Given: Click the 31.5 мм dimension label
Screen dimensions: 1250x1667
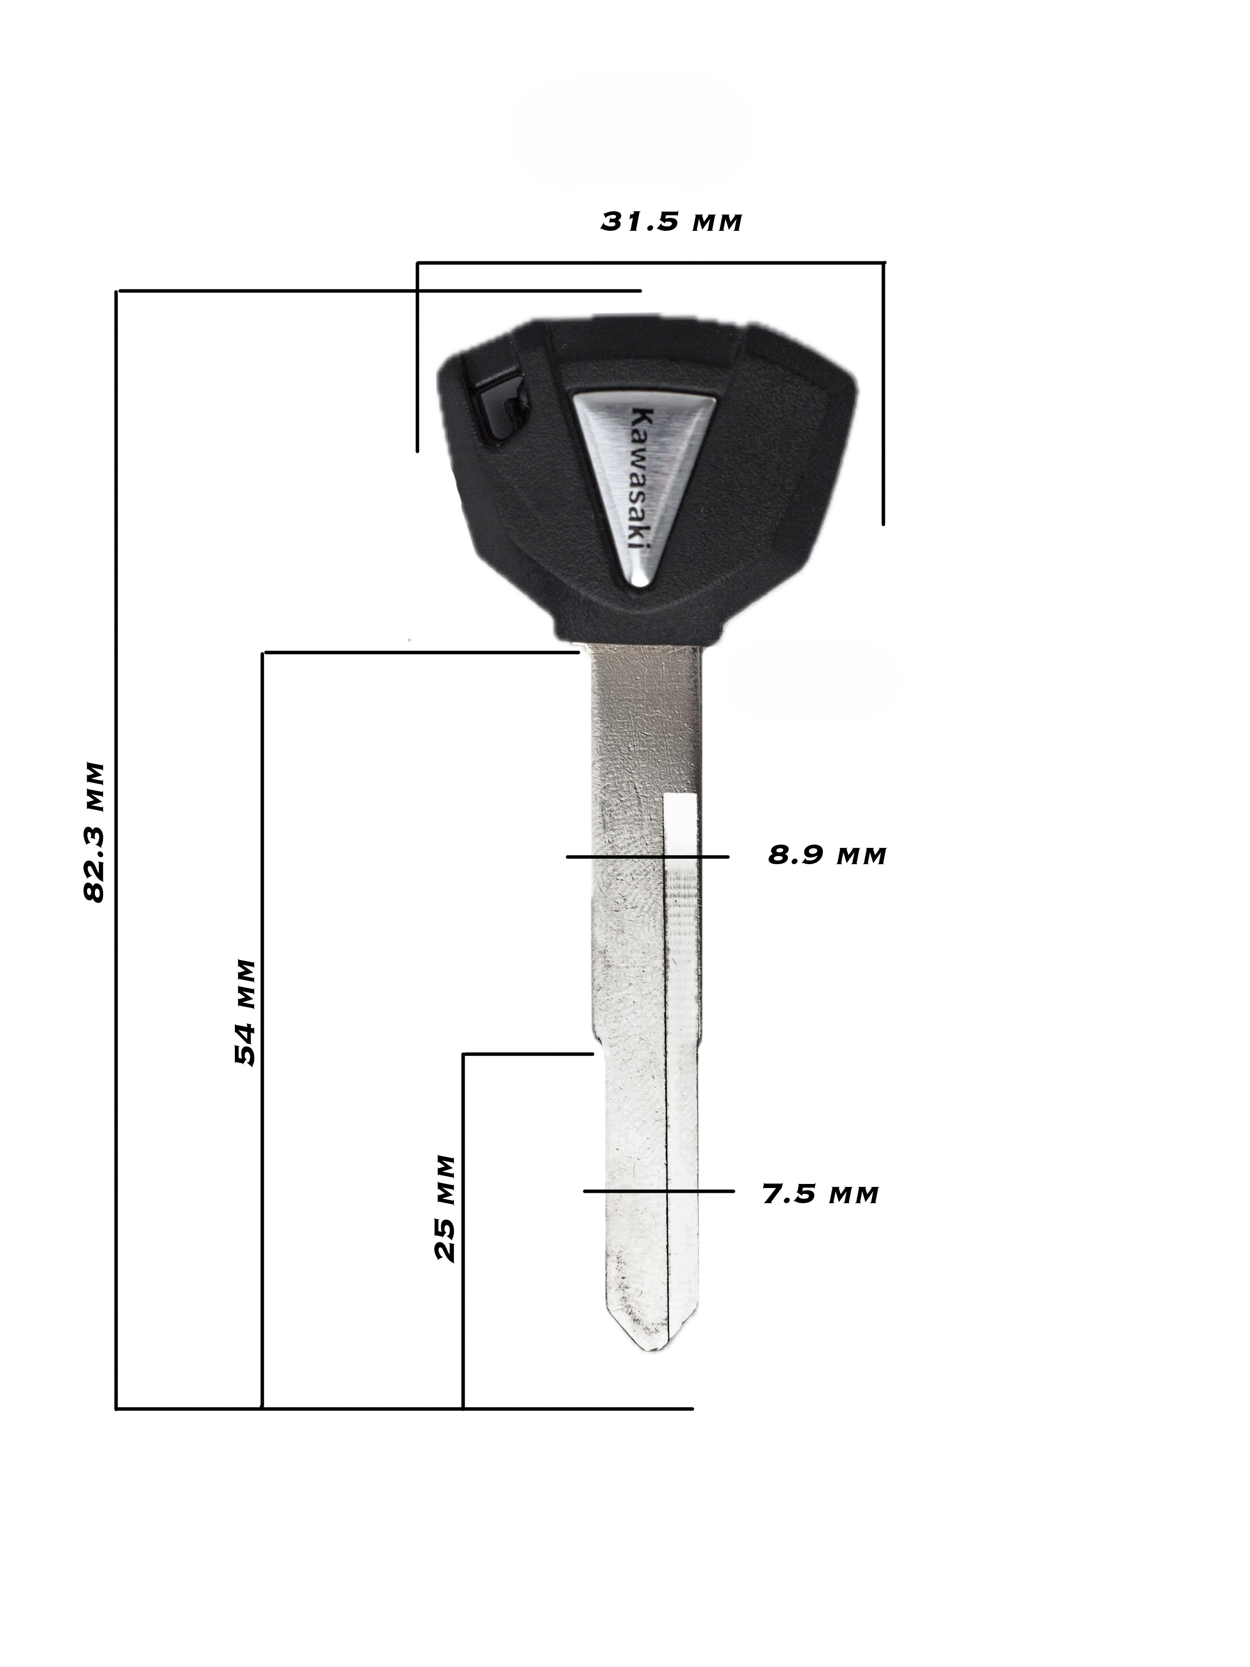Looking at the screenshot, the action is click(671, 222).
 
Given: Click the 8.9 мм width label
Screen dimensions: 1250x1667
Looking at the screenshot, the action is click(826, 856).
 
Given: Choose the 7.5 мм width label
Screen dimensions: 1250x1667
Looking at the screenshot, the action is click(821, 1194).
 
